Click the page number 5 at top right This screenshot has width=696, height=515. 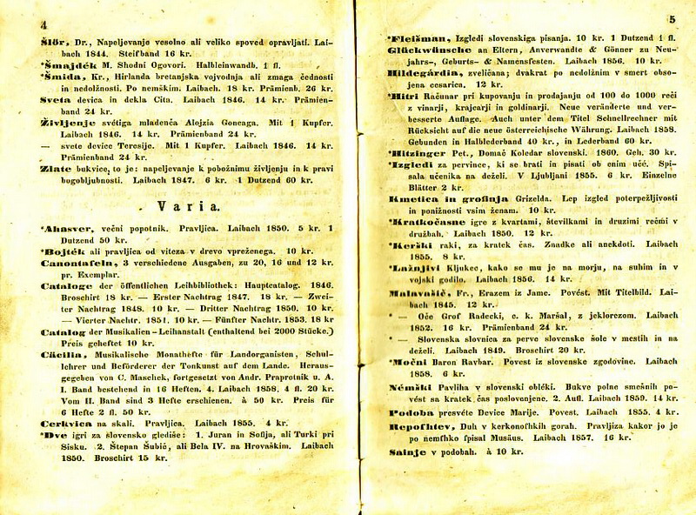pyautogui.click(x=672, y=18)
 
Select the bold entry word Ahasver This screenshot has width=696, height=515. pyautogui.click(x=59, y=228)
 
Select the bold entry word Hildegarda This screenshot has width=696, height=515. pyautogui.click(x=418, y=73)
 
